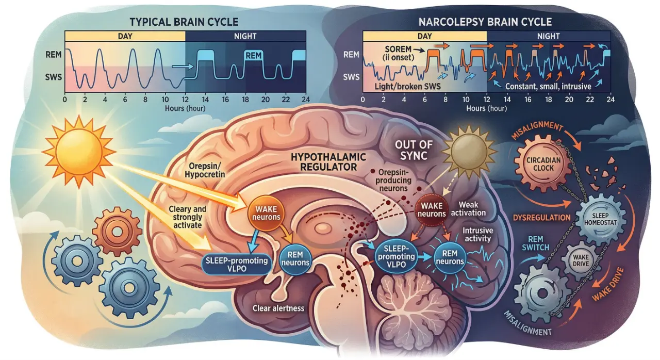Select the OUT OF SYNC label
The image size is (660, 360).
tap(414, 149)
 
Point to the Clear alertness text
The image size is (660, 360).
tap(278, 308)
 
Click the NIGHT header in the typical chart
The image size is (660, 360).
tap(245, 36)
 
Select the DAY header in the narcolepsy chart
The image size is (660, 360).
tap(424, 36)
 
